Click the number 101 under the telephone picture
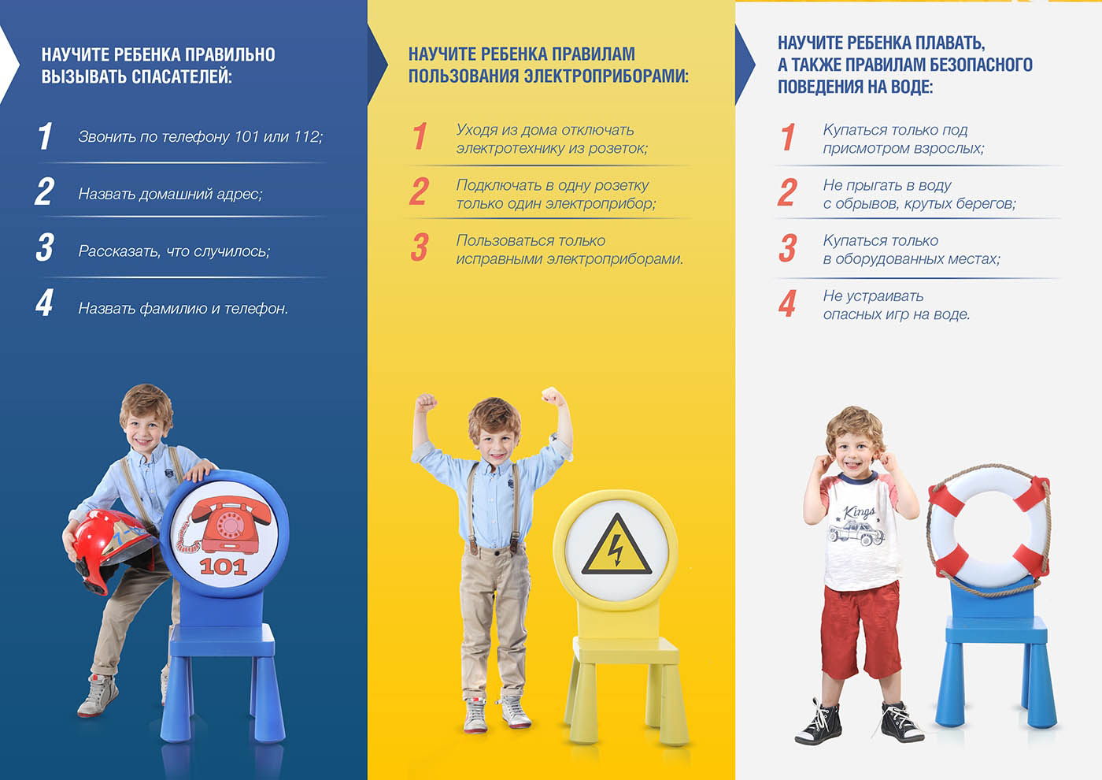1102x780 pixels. tap(224, 567)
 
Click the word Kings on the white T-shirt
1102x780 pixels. tap(859, 513)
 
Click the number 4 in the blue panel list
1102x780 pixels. tap(45, 303)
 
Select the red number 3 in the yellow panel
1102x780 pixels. tap(419, 247)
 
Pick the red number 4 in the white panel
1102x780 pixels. tap(787, 303)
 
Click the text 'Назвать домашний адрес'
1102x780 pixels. tap(169, 194)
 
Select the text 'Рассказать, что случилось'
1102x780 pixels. tap(173, 251)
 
